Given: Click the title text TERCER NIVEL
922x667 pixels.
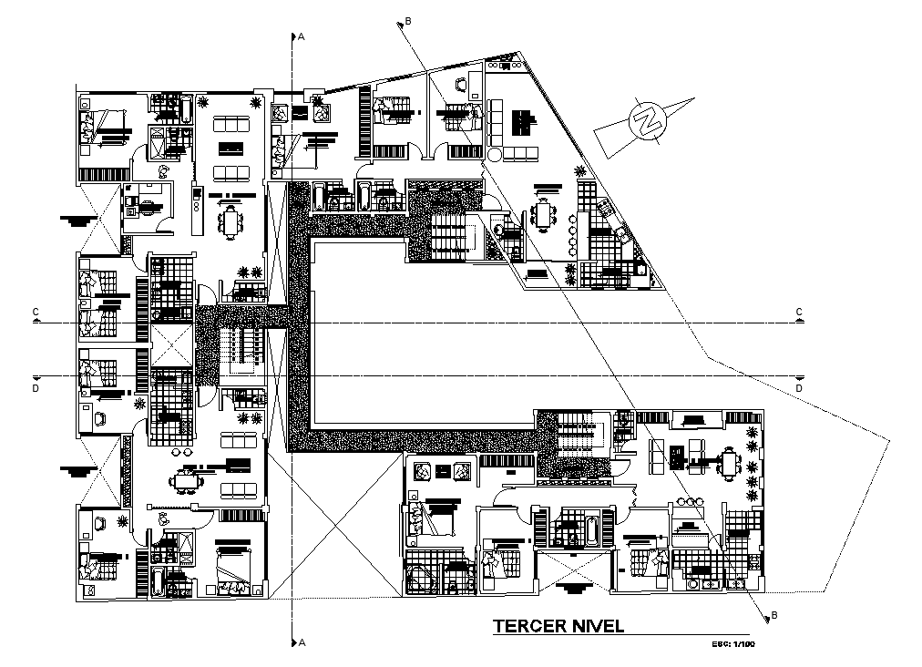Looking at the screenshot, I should tap(558, 626).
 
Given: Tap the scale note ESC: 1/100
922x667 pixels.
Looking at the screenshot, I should tap(733, 645).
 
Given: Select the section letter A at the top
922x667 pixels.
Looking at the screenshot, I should tap(301, 36).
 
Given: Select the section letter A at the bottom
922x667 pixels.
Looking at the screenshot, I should tap(301, 643).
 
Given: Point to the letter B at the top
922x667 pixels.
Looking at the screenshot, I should tap(409, 20).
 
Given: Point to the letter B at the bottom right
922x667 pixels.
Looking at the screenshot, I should tap(774, 615).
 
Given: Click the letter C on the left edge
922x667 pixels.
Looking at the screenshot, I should tap(36, 313).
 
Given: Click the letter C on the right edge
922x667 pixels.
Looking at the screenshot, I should tap(799, 313).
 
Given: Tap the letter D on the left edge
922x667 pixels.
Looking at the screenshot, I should tap(36, 388).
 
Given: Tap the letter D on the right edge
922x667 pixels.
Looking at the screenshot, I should tap(799, 388).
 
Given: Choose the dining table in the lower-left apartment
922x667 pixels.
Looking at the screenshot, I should tap(188, 481).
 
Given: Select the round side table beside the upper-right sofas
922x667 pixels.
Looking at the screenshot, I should tap(494, 156).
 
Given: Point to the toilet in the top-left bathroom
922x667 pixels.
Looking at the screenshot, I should tap(164, 170).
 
